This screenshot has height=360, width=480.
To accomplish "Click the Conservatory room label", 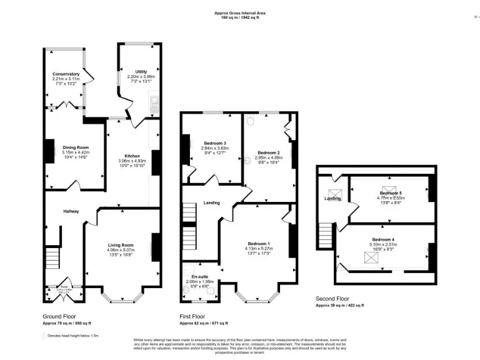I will point(66,74).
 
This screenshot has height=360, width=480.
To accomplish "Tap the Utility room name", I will point(141,72).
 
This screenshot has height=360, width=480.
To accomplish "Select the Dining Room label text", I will point(76,147).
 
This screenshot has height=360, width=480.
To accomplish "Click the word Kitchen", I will point(132,156).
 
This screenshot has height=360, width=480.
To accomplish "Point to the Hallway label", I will point(71,211).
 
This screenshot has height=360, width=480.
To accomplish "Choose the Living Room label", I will point(119,245).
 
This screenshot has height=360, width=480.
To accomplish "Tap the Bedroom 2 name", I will point(268,152).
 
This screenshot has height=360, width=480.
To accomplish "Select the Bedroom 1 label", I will point(259,243).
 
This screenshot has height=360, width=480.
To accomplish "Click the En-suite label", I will point(199,276).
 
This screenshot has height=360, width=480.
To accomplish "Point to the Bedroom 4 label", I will point(383,240).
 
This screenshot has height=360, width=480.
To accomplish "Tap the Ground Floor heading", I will point(61,316).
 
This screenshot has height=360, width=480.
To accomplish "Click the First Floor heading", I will point(192,316).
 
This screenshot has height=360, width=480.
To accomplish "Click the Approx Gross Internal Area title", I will point(240,12).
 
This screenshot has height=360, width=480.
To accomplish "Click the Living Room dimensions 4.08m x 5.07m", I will point(119,251).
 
